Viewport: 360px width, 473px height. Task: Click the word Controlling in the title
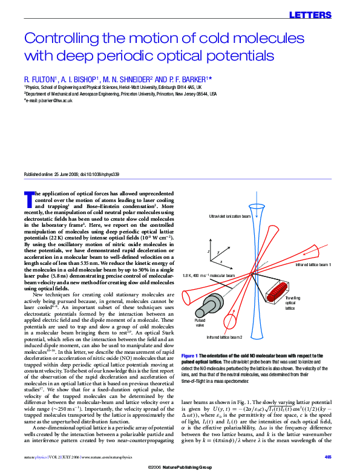[x=61, y=39]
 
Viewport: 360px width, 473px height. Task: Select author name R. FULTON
[x=41, y=79]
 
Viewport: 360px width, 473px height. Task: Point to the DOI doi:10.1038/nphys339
[x=102, y=174]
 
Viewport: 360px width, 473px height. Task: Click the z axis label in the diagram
[x=208, y=250]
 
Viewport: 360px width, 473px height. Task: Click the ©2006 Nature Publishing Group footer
[x=180, y=468]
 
